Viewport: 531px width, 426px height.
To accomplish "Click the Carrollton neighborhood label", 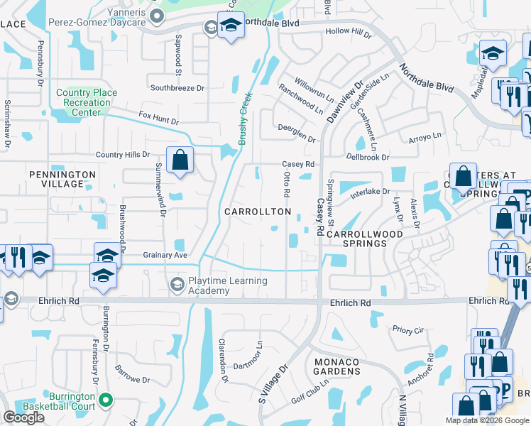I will pos(258,212).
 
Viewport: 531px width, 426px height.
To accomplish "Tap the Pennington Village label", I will pos(62,179).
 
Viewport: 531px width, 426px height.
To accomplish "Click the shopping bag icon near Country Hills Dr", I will pos(181,159).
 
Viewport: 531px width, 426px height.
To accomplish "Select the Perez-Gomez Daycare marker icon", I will pos(210,28).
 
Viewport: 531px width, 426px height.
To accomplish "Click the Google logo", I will pos(23,417).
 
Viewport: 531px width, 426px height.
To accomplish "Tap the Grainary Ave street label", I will pos(165,255).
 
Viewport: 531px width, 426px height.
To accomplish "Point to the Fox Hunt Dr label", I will pos(159,118).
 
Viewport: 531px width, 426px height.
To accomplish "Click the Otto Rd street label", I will pos(287,184).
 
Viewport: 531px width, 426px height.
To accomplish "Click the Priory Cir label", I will pos(407,329).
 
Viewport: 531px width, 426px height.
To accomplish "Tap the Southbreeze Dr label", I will pos(177,88).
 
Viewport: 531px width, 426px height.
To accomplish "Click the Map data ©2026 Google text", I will pos(486,420).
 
